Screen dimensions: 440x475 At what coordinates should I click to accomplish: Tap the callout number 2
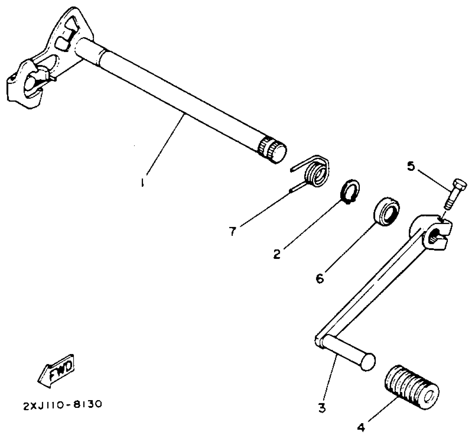277,254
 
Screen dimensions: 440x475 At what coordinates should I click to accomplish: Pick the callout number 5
411,166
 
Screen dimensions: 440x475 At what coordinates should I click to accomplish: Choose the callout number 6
320,278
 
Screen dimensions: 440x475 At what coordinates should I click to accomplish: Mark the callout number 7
233,231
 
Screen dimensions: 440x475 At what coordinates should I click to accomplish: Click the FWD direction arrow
57,372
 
